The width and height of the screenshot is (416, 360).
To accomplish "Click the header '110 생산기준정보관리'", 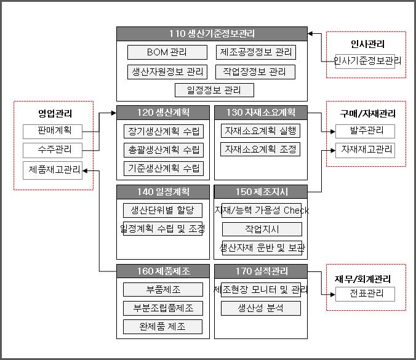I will [212, 33].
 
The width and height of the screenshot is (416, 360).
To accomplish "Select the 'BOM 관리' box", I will [167, 52].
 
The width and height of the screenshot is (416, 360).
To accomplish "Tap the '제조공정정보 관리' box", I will [255, 52].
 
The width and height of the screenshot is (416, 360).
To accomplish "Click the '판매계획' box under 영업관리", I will [52, 130].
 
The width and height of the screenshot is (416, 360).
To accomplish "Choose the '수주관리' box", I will [52, 150].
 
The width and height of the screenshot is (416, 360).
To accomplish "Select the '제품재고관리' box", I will [52, 170].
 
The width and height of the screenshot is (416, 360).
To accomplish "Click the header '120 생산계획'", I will [163, 112].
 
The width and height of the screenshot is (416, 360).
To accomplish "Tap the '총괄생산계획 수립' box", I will [163, 150].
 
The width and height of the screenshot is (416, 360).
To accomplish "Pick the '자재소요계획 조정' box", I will [260, 150].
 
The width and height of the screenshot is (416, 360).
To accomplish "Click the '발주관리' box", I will [365, 130].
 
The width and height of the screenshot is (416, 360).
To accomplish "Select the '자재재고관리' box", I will [365, 150].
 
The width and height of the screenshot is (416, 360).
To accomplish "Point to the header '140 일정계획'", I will [163, 191].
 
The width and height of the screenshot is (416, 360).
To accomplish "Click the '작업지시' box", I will [262, 230].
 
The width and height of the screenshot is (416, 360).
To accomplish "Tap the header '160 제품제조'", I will [163, 271].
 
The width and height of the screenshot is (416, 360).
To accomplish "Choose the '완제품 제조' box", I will [163, 327].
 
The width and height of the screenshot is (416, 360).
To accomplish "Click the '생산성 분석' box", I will [260, 308].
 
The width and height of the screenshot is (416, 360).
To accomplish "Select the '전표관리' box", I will [365, 294].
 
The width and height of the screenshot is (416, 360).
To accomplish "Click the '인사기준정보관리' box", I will [365, 61].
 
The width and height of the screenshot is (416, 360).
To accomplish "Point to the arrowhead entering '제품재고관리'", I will [86, 170].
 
